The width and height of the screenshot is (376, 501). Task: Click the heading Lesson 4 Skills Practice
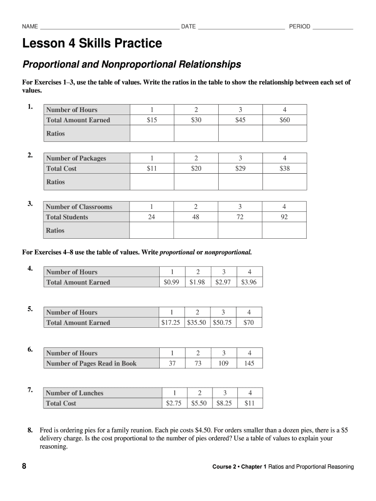pyautogui.click(x=92, y=44)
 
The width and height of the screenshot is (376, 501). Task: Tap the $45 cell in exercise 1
pyautogui.click(x=240, y=120)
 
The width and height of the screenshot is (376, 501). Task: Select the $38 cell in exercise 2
pyautogui.click(x=285, y=168)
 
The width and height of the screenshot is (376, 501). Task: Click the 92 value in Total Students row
pyautogui.click(x=284, y=217)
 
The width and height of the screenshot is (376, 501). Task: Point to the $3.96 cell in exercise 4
pyautogui.click(x=249, y=282)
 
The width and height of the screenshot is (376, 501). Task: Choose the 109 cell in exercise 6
pyautogui.click(x=224, y=364)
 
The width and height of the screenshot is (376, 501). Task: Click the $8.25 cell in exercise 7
pyautogui.click(x=224, y=404)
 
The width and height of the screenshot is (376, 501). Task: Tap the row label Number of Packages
pyautogui.click(x=76, y=158)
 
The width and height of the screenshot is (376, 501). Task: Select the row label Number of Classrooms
pyautogui.click(x=79, y=206)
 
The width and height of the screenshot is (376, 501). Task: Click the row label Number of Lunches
pyautogui.click(x=74, y=393)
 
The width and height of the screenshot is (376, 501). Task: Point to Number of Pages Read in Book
pyautogui.click(x=91, y=364)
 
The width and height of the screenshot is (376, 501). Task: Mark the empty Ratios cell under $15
pyautogui.click(x=152, y=134)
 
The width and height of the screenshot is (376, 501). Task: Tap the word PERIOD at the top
pyautogui.click(x=299, y=26)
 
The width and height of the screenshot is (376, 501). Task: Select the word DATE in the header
pyautogui.click(x=188, y=26)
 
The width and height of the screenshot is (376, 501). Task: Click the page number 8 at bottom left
pyautogui.click(x=24, y=467)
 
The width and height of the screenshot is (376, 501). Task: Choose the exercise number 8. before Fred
pyautogui.click(x=30, y=431)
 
